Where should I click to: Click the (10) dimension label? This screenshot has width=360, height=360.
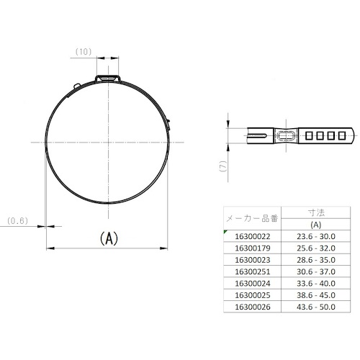click(84, 52)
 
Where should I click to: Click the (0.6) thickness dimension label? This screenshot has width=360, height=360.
click(17, 221)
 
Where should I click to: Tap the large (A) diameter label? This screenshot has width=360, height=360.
click(109, 238)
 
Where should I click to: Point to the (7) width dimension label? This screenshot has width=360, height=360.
click(223, 166)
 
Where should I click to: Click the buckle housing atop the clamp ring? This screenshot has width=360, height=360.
click(108, 78)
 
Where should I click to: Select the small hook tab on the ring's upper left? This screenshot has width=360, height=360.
click(77, 86)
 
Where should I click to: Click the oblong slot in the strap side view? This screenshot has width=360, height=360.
click(286, 135)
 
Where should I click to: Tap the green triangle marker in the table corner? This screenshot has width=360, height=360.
click(225, 232)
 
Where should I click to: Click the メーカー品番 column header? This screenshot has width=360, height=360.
click(252, 218)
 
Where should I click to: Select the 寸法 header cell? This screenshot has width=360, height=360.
click(316, 212)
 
